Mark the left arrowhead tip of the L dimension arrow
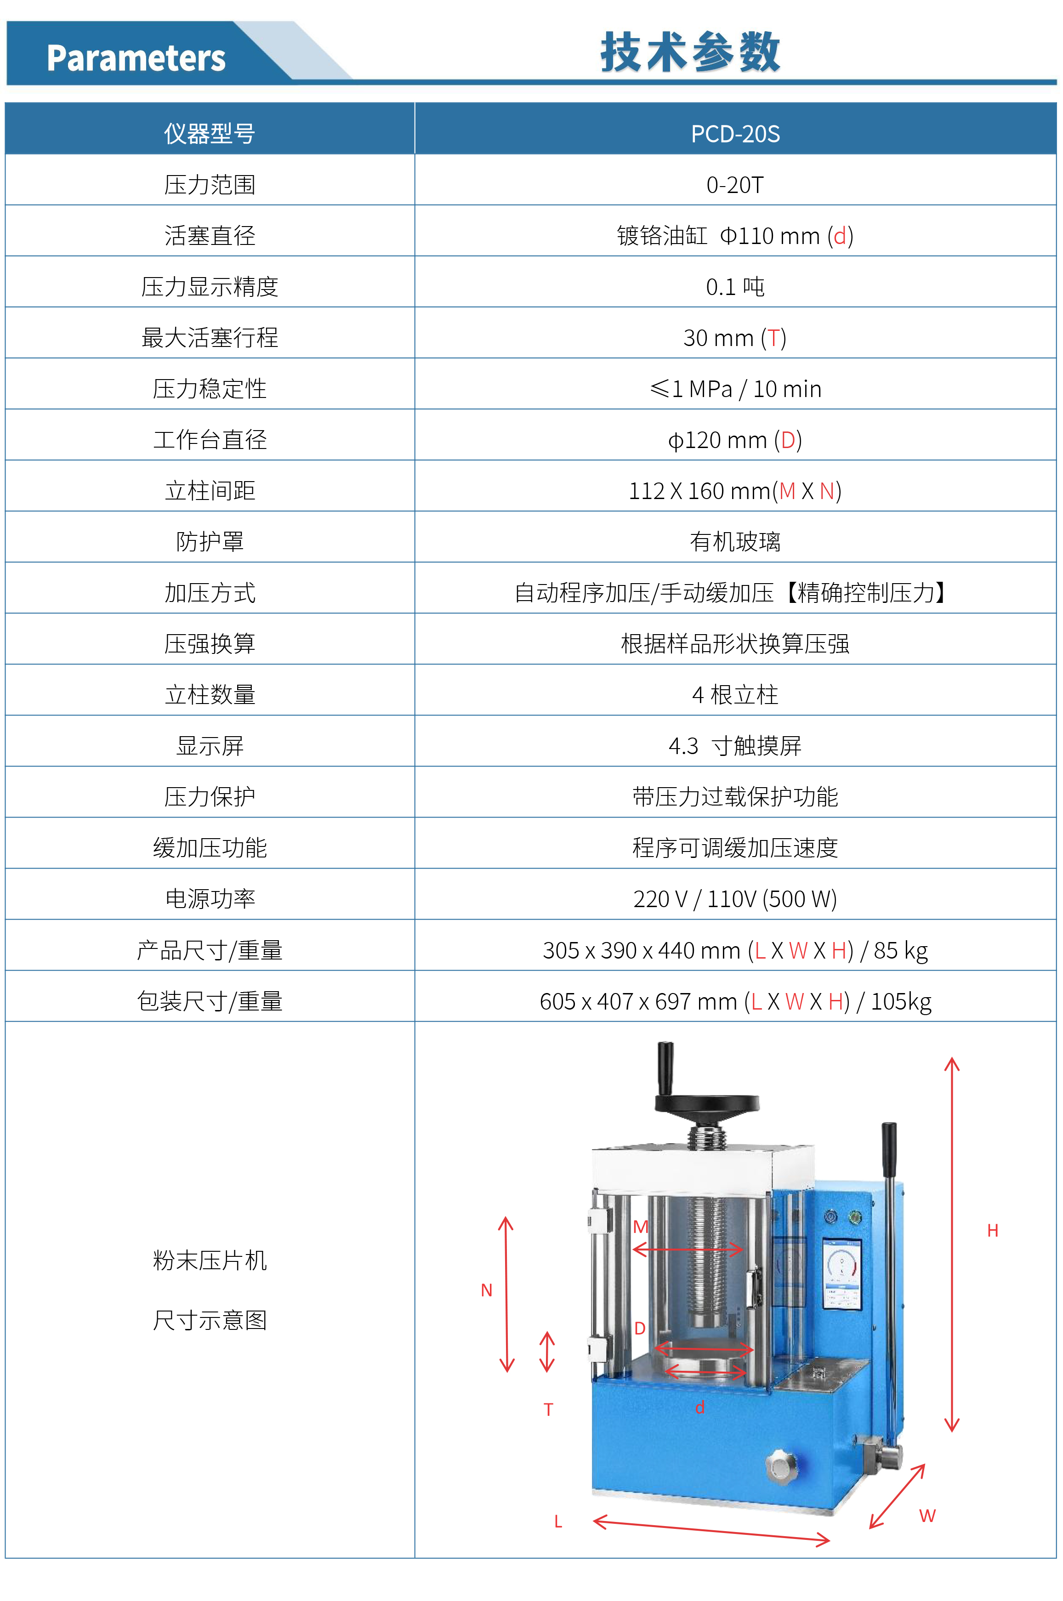coord(593,1521)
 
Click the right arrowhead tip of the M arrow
coord(743,1249)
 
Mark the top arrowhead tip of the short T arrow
coord(547,1332)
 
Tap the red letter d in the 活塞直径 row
coord(840,236)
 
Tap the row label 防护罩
coord(210,542)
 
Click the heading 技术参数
coord(690,51)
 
